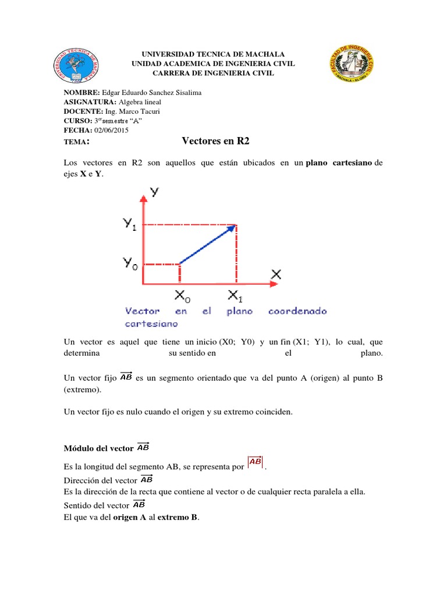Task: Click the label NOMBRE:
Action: pyautogui.click(x=81, y=93)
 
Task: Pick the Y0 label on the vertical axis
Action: pyautogui.click(x=131, y=263)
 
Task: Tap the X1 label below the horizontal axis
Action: pyautogui.click(x=236, y=296)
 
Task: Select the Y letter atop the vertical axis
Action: pyautogui.click(x=155, y=191)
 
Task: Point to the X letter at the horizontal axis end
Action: pyautogui.click(x=276, y=273)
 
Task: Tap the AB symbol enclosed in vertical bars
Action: pyautogui.click(x=255, y=462)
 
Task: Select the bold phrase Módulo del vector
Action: pyautogui.click(x=99, y=448)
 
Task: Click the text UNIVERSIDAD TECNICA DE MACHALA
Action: pyautogui.click(x=212, y=54)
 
